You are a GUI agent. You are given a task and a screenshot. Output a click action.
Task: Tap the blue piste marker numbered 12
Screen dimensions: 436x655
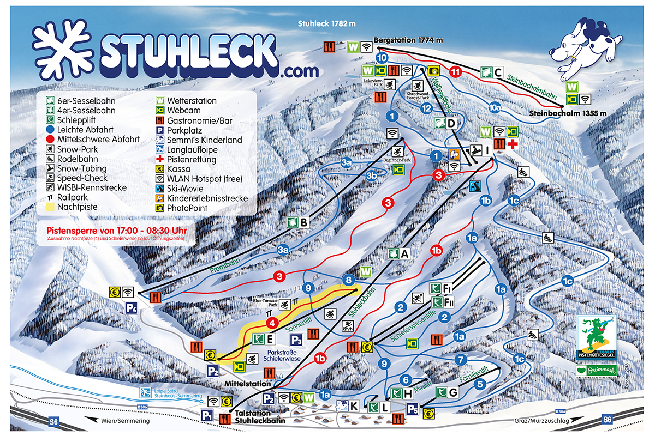(427, 108)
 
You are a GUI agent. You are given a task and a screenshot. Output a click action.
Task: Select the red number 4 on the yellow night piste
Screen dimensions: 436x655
(269, 323)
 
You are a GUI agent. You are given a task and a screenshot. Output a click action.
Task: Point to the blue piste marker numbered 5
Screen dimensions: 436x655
(480, 384)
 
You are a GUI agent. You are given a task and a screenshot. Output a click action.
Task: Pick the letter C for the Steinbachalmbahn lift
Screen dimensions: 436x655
(498, 71)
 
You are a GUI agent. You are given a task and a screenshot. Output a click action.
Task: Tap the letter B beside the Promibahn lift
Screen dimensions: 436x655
(304, 222)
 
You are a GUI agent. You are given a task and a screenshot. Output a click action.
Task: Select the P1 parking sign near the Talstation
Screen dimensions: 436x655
(207, 416)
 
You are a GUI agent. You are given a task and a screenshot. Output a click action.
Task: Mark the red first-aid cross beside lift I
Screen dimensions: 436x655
(512, 144)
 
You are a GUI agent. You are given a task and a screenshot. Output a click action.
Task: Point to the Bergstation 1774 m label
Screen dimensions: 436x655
(408, 40)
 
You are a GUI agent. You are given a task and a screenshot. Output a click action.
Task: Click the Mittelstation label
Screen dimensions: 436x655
(247, 384)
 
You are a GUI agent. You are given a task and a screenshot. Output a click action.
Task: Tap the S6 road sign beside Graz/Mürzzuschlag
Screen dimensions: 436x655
(607, 419)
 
